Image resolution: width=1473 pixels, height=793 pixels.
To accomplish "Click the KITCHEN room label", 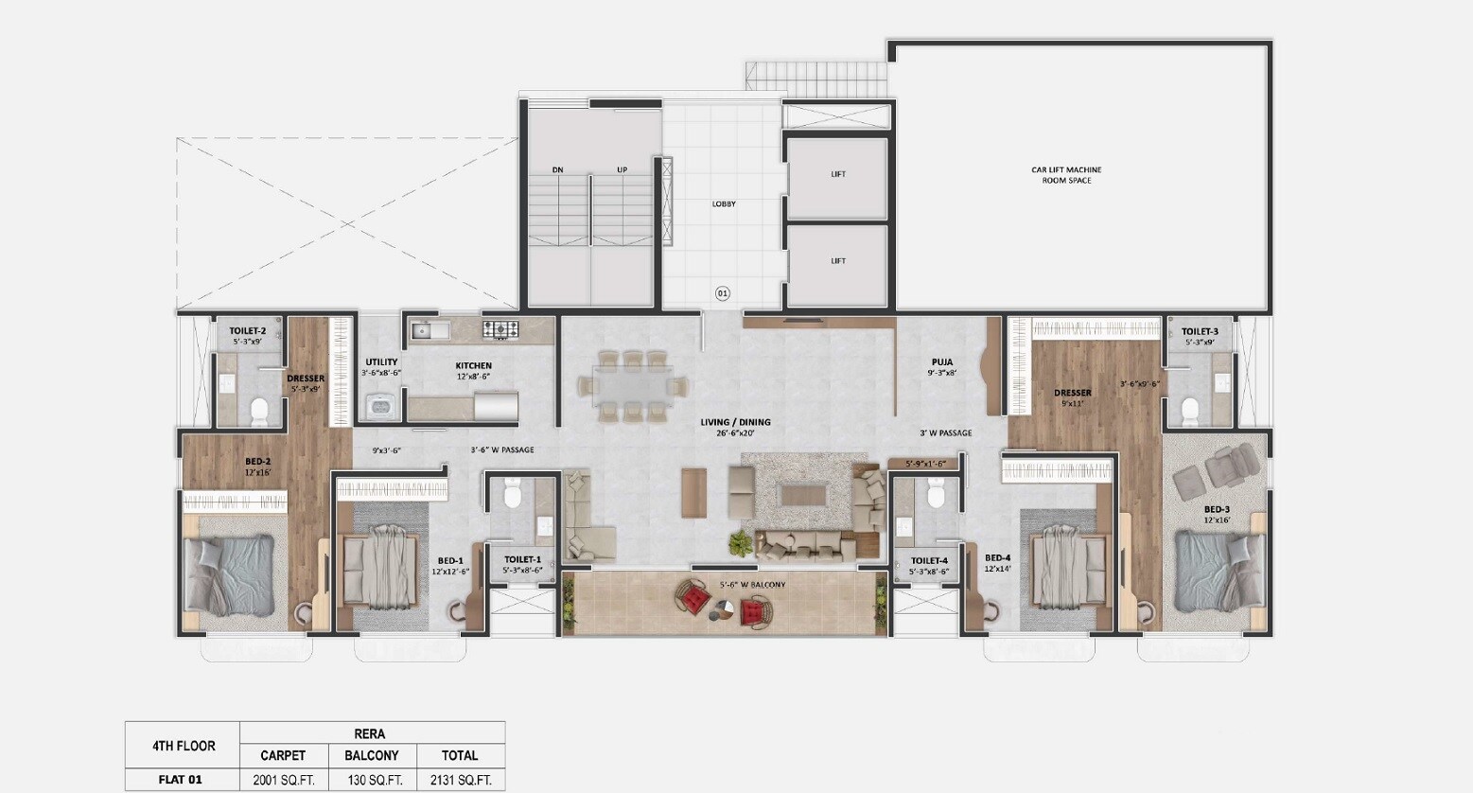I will coord(473,365).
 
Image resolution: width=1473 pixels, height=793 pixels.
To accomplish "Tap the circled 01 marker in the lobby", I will coord(723,293).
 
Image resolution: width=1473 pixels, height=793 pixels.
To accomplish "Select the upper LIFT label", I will coord(838,174).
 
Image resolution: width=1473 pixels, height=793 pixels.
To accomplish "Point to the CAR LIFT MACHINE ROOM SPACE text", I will coord(1066,175).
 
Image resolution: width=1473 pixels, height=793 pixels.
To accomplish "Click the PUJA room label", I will coord(941,361).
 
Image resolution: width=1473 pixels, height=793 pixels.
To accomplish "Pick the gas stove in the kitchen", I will coord(500,329).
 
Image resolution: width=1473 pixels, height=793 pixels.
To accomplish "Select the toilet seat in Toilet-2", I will coord(259,410).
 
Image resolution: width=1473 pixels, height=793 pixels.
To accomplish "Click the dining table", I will coord(633,386).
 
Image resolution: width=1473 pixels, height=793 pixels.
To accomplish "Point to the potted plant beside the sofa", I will coord(739,542).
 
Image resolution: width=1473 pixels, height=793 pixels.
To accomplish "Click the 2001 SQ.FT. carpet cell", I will coord(284,781).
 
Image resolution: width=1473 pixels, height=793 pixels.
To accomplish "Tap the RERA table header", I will coord(370,733).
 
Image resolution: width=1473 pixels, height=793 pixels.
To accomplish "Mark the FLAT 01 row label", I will coord(181,781).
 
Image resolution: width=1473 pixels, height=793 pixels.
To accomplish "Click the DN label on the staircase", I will coord(558,170).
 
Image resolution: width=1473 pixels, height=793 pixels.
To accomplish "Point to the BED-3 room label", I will coord(1217,509).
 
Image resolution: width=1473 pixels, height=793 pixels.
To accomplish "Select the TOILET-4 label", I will coord(929,560).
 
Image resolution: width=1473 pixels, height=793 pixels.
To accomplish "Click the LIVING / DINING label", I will coord(735,422).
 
